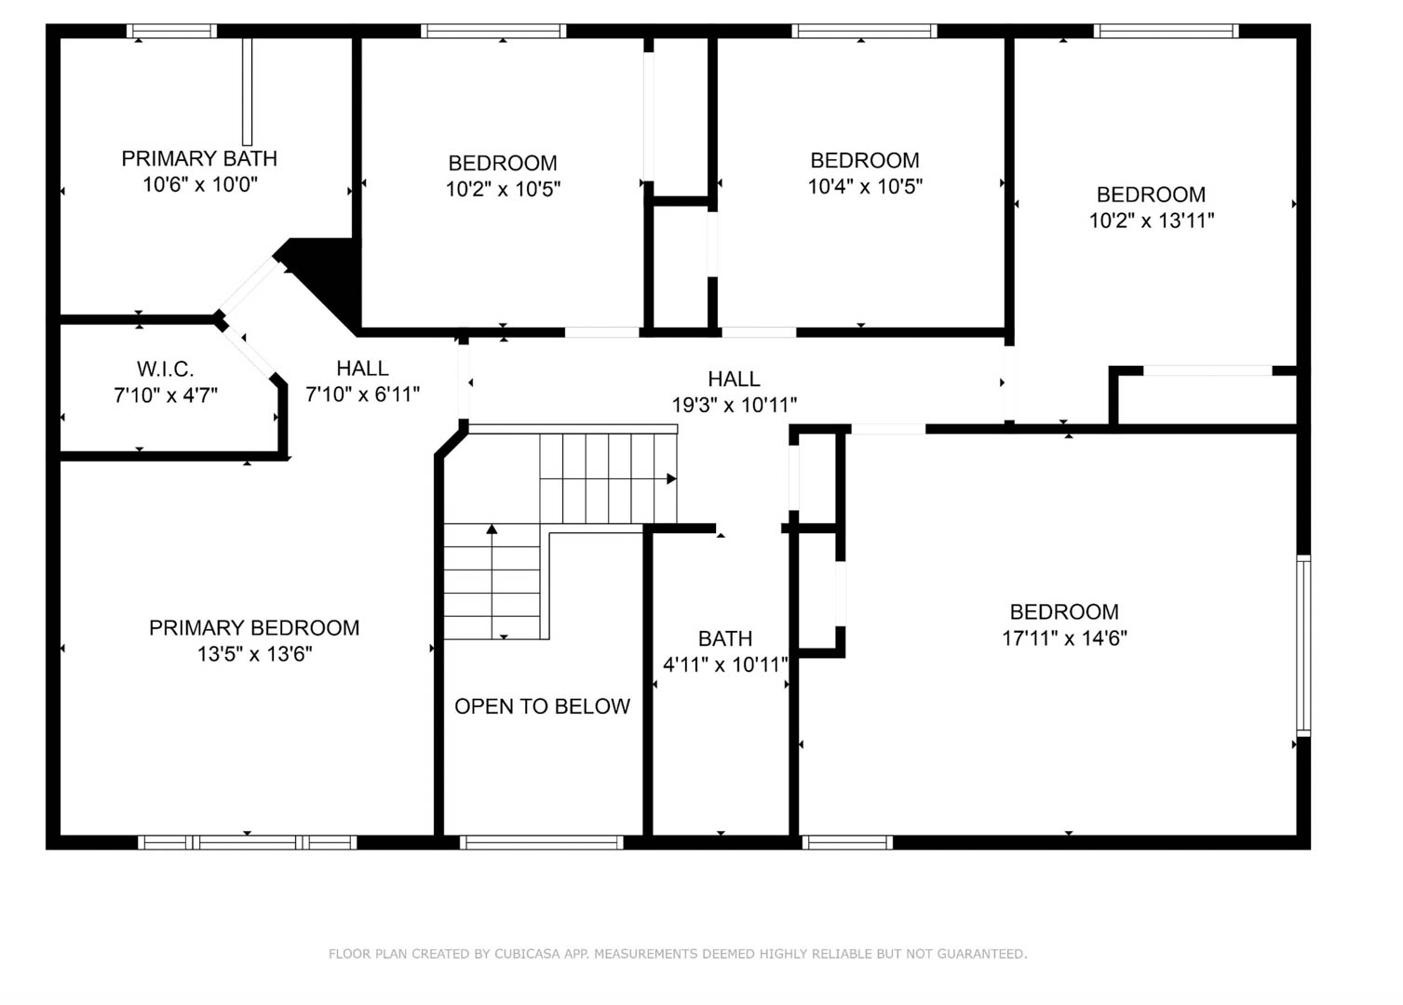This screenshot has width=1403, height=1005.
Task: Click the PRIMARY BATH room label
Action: point(199,158)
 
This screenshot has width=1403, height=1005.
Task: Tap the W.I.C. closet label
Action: point(166,368)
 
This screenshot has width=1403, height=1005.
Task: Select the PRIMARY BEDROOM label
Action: point(254,627)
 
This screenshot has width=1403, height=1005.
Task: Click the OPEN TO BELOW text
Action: point(542,706)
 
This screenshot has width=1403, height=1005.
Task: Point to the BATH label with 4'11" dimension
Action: point(725,638)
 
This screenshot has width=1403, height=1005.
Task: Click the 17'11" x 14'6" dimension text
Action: point(1064,638)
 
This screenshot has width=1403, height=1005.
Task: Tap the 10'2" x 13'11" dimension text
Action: point(1152,221)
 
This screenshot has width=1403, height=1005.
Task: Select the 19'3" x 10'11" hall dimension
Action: point(734,405)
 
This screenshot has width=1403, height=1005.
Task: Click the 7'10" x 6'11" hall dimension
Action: point(362,394)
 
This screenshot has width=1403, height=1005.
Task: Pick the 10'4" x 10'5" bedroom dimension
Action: point(865,186)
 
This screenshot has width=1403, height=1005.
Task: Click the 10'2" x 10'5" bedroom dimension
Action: point(503,189)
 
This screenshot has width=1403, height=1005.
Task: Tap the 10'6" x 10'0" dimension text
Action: point(200,184)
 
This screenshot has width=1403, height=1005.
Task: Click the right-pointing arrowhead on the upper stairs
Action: point(671,479)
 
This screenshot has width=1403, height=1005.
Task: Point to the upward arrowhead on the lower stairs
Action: point(492,529)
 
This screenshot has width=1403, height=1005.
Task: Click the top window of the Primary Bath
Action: point(171,31)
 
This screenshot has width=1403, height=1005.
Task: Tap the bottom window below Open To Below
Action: point(542,842)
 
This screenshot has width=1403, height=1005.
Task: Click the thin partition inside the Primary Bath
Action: point(247,91)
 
